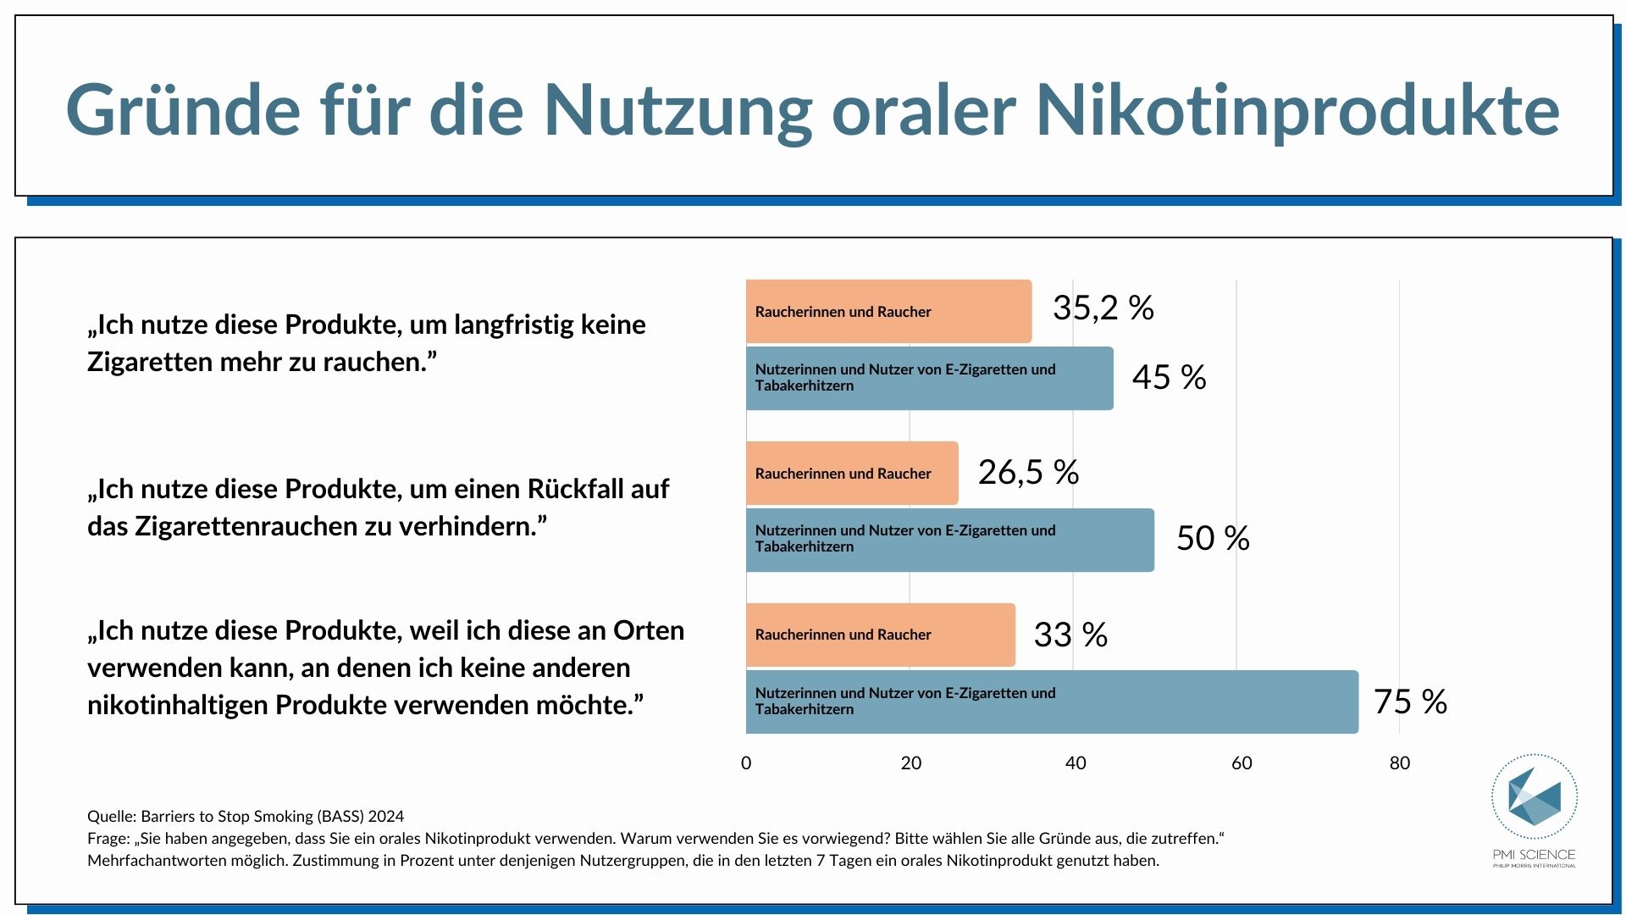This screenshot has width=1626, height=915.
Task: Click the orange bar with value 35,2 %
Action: point(888,311)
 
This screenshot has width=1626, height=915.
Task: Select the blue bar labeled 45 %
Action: point(929,378)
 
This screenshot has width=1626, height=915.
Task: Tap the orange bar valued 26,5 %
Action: point(851,473)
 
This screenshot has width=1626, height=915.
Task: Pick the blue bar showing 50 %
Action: point(949,540)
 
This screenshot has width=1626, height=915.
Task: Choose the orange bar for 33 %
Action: point(880,635)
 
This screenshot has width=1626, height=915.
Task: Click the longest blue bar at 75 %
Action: point(1051,701)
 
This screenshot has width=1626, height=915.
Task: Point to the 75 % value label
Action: point(1410,701)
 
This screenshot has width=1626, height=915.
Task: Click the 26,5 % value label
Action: point(1028,472)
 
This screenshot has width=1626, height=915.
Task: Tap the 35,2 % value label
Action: point(1103,308)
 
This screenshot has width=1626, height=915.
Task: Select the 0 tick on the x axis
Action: point(746,762)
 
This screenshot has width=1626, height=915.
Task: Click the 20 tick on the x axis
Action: point(910,762)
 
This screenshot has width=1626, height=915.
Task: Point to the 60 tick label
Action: point(1241,762)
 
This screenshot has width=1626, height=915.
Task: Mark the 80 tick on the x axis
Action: point(1399,762)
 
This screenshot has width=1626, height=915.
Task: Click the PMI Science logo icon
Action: point(1534,797)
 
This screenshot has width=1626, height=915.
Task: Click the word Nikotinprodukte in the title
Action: point(1297,110)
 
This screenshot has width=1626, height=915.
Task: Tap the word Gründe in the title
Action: point(183,110)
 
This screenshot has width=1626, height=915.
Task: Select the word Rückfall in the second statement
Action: point(574,489)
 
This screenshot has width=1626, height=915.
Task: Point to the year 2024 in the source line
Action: point(386,816)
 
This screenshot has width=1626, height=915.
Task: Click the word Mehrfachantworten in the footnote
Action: point(156,860)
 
